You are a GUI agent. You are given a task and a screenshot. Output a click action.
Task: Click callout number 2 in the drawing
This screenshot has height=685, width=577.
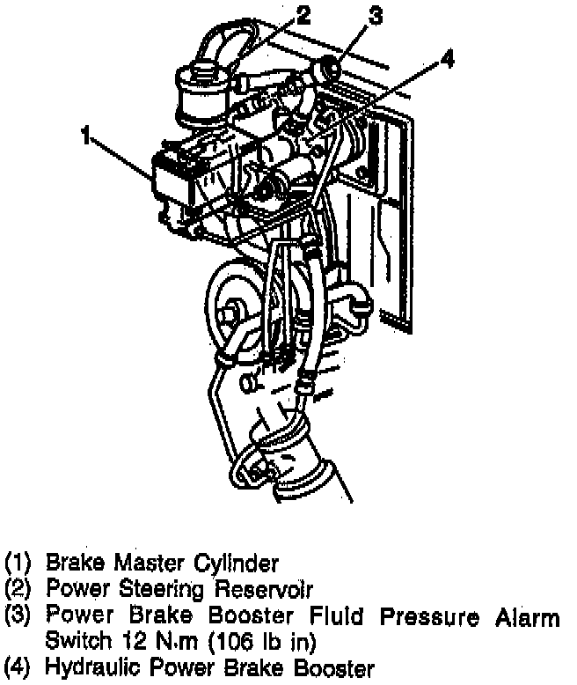303,15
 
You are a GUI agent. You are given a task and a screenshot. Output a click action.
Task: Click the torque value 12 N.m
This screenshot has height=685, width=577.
156,641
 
